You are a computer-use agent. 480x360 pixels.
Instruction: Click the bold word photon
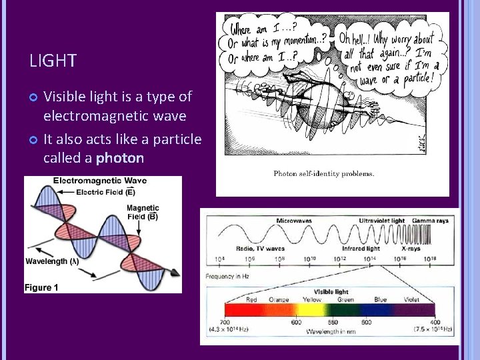(x=120, y=158)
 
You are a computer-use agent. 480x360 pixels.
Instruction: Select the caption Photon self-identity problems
(x=323, y=174)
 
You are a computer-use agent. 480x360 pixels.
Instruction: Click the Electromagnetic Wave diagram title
(x=100, y=181)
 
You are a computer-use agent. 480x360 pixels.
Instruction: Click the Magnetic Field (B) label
(x=143, y=212)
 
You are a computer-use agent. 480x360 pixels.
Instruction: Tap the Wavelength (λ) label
(x=52, y=261)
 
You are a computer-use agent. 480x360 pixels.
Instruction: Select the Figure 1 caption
(x=41, y=287)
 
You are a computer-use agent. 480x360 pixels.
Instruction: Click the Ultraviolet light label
(x=382, y=220)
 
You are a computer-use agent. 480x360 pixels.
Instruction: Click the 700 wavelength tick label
(x=225, y=323)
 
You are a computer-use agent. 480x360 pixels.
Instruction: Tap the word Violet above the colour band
(x=411, y=300)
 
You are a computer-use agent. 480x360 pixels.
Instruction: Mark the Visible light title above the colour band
(x=331, y=292)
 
